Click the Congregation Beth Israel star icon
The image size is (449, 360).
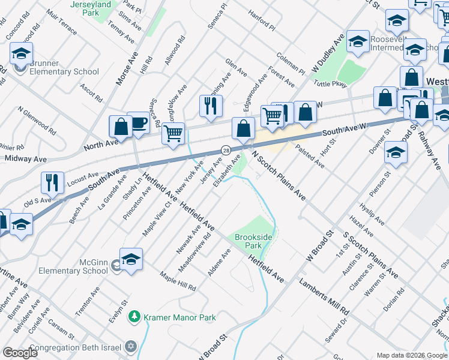131,347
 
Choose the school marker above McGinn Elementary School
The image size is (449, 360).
131,259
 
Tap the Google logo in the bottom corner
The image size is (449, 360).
20,353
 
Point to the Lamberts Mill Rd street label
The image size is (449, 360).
324,296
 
